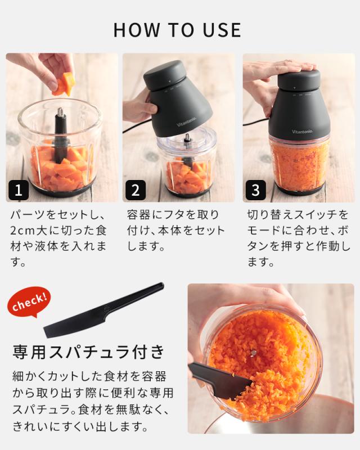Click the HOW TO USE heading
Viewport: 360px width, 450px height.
click(177, 30)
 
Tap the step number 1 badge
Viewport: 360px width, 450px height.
click(19, 190)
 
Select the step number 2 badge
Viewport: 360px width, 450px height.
click(135, 190)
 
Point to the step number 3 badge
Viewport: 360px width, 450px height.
click(255, 190)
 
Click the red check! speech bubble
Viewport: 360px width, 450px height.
click(29, 302)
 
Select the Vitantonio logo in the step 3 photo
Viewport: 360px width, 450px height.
click(303, 132)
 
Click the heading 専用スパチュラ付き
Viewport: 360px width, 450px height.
click(88, 352)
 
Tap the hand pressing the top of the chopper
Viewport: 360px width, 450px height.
click(283, 69)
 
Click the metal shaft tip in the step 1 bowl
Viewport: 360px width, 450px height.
click(61, 111)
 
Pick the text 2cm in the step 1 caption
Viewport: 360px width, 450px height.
click(26, 231)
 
